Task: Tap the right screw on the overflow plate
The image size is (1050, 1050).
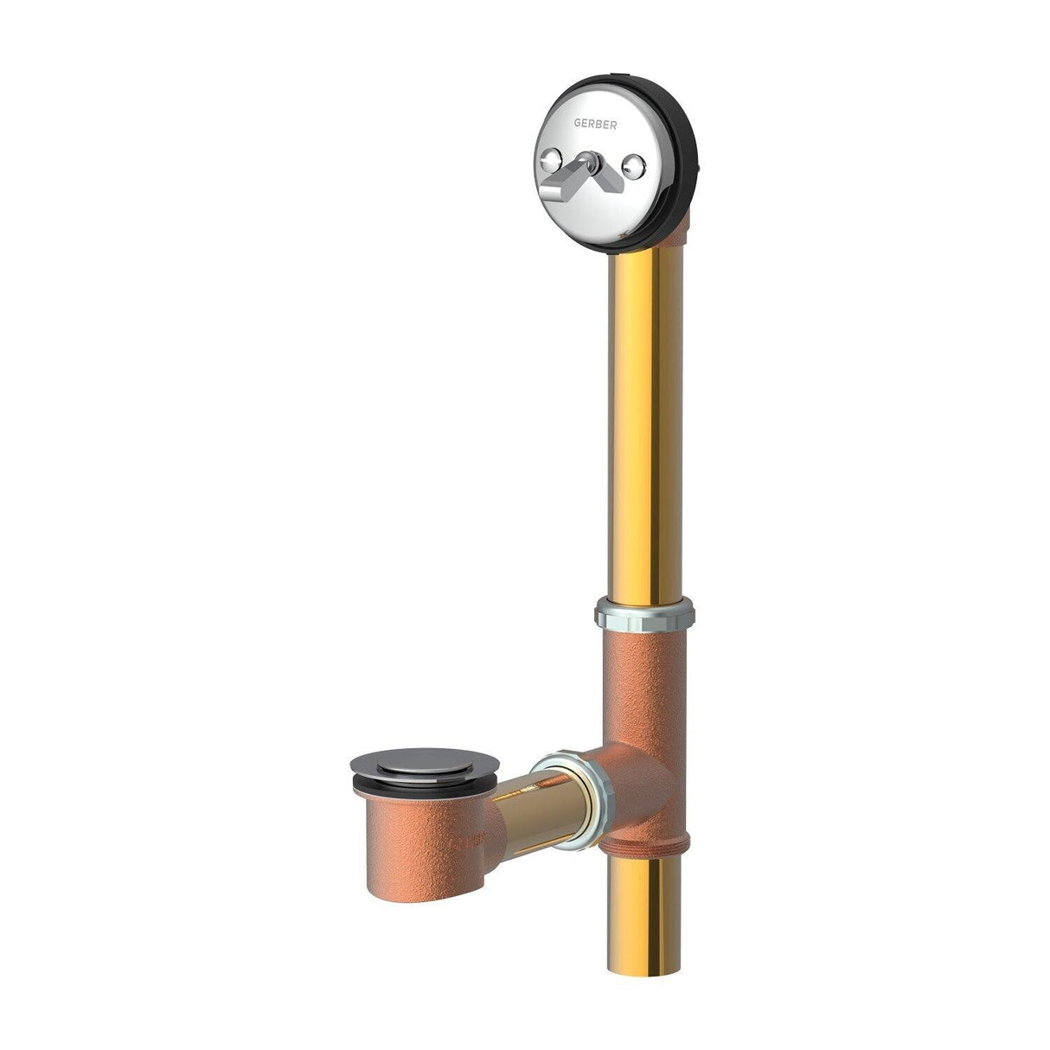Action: [634, 162]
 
